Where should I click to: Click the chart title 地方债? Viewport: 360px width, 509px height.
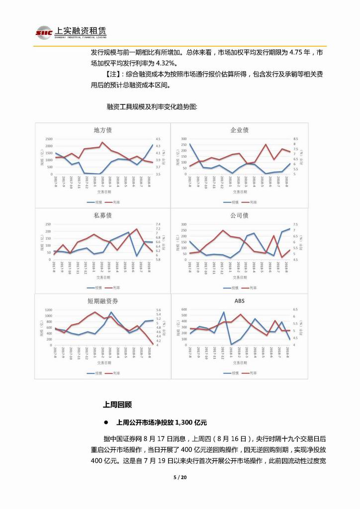102,130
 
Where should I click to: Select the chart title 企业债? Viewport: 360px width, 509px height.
239,130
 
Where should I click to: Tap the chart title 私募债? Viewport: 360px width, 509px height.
102,216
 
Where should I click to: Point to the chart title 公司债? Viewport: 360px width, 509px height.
239,215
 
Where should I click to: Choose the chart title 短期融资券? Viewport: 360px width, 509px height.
102,302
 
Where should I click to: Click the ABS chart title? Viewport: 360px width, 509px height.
239,301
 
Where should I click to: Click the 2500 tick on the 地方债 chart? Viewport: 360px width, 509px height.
47,139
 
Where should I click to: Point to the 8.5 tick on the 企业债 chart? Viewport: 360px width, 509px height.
295,139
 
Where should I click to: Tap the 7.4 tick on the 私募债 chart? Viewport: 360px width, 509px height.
159,224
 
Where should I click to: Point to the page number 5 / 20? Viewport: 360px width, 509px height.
180,478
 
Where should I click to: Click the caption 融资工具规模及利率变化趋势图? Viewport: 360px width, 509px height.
152,106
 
